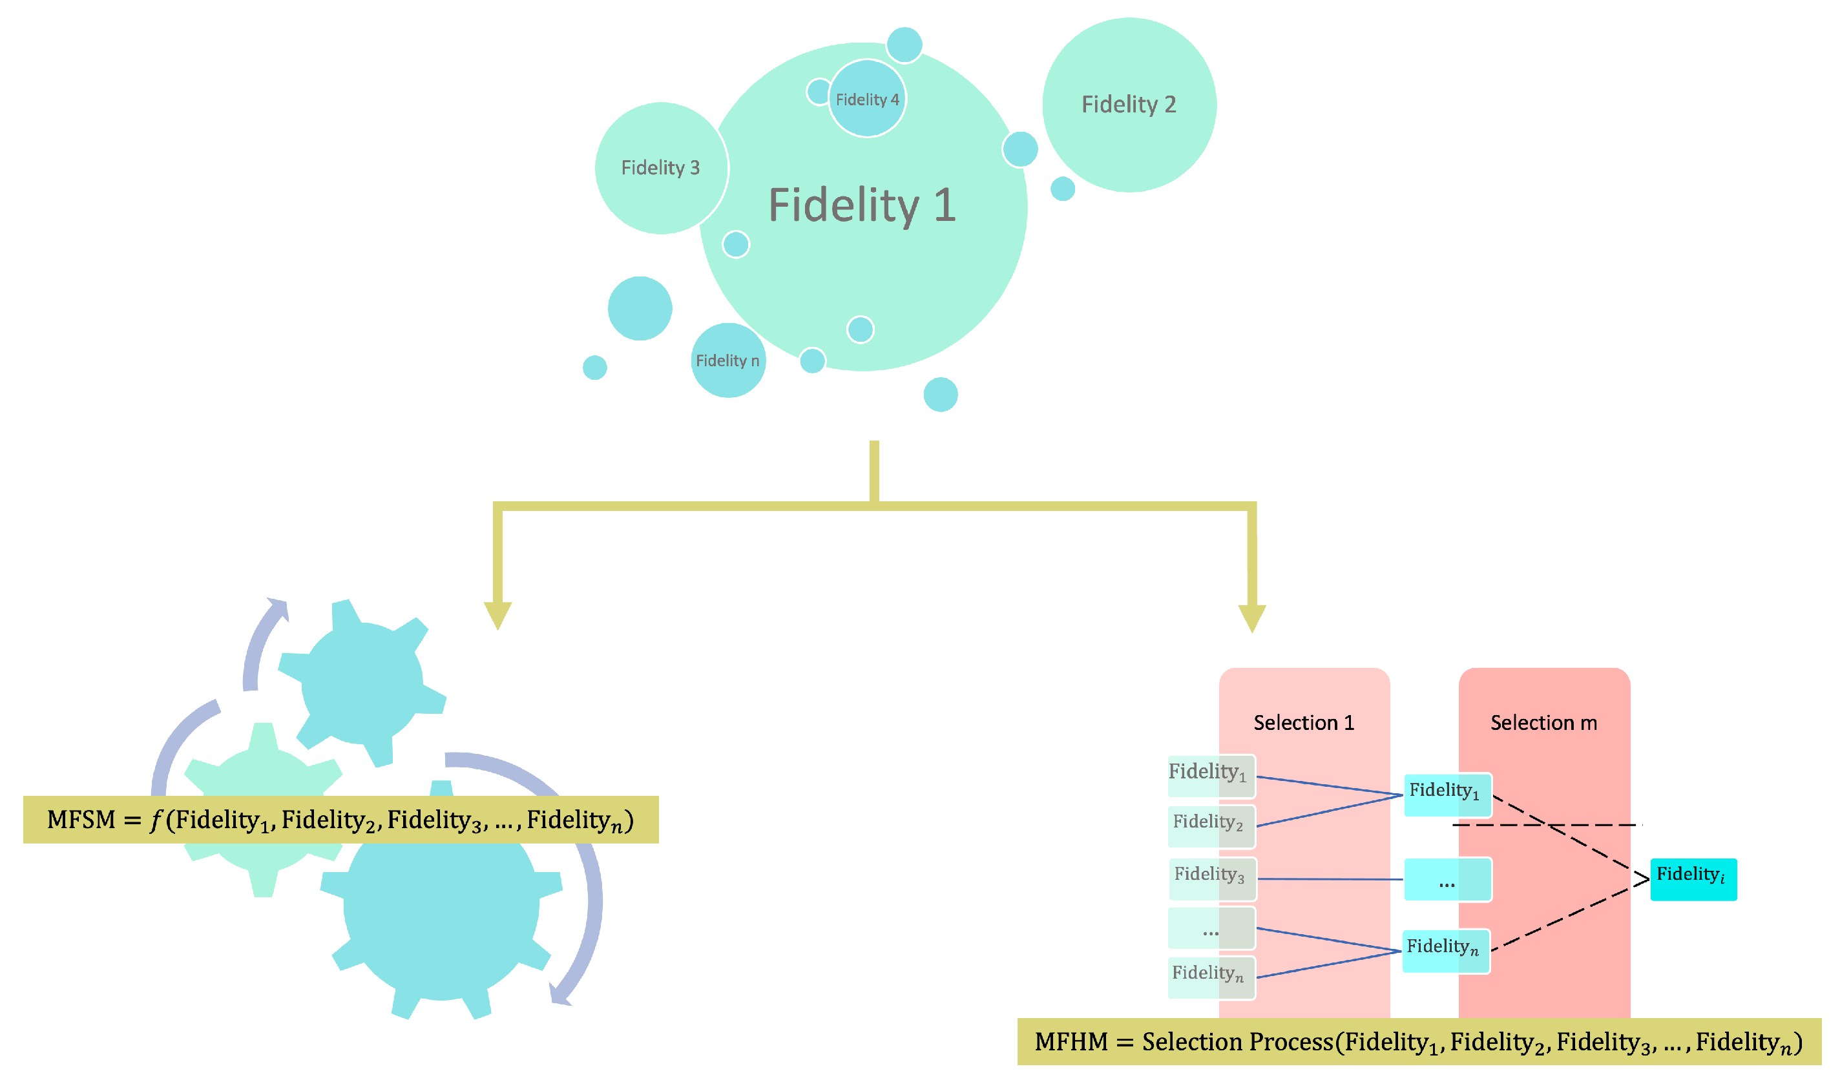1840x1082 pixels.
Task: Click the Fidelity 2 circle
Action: click(x=1129, y=105)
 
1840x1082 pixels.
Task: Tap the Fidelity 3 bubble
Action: click(x=660, y=168)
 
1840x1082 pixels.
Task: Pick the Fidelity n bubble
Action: click(x=727, y=360)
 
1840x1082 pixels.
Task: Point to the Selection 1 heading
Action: click(x=1303, y=723)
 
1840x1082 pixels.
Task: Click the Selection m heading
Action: click(x=1543, y=723)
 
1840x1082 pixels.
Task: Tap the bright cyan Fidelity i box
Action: click(x=1693, y=879)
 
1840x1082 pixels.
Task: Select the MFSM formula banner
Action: click(x=340, y=819)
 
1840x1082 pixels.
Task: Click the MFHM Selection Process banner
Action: click(x=1418, y=1041)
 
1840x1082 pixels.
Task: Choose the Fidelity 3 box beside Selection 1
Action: click(x=1211, y=879)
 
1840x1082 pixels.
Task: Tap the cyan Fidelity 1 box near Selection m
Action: click(x=1447, y=795)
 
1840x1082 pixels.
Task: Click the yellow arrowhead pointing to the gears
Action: click(x=497, y=615)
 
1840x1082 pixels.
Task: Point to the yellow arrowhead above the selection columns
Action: click(x=1251, y=618)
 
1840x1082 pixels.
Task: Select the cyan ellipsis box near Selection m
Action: click(x=1447, y=879)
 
